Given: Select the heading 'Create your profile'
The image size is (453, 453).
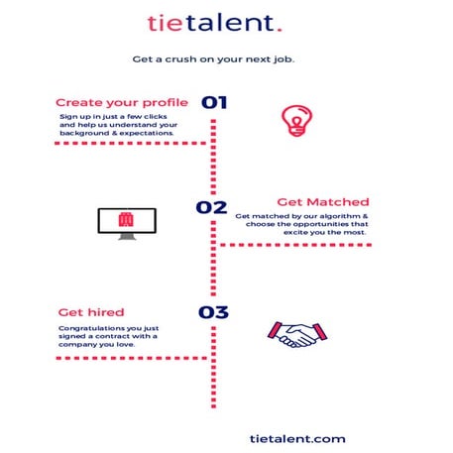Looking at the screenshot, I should click(122, 102).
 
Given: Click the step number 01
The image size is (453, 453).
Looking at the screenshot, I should click(214, 102).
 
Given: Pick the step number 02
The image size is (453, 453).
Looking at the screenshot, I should click(211, 207).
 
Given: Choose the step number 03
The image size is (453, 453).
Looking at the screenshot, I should click(213, 312).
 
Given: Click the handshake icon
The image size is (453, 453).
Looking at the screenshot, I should click(295, 334).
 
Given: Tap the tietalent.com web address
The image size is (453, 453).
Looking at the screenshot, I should click(298, 437).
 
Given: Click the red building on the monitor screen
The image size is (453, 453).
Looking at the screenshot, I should click(125, 219).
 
